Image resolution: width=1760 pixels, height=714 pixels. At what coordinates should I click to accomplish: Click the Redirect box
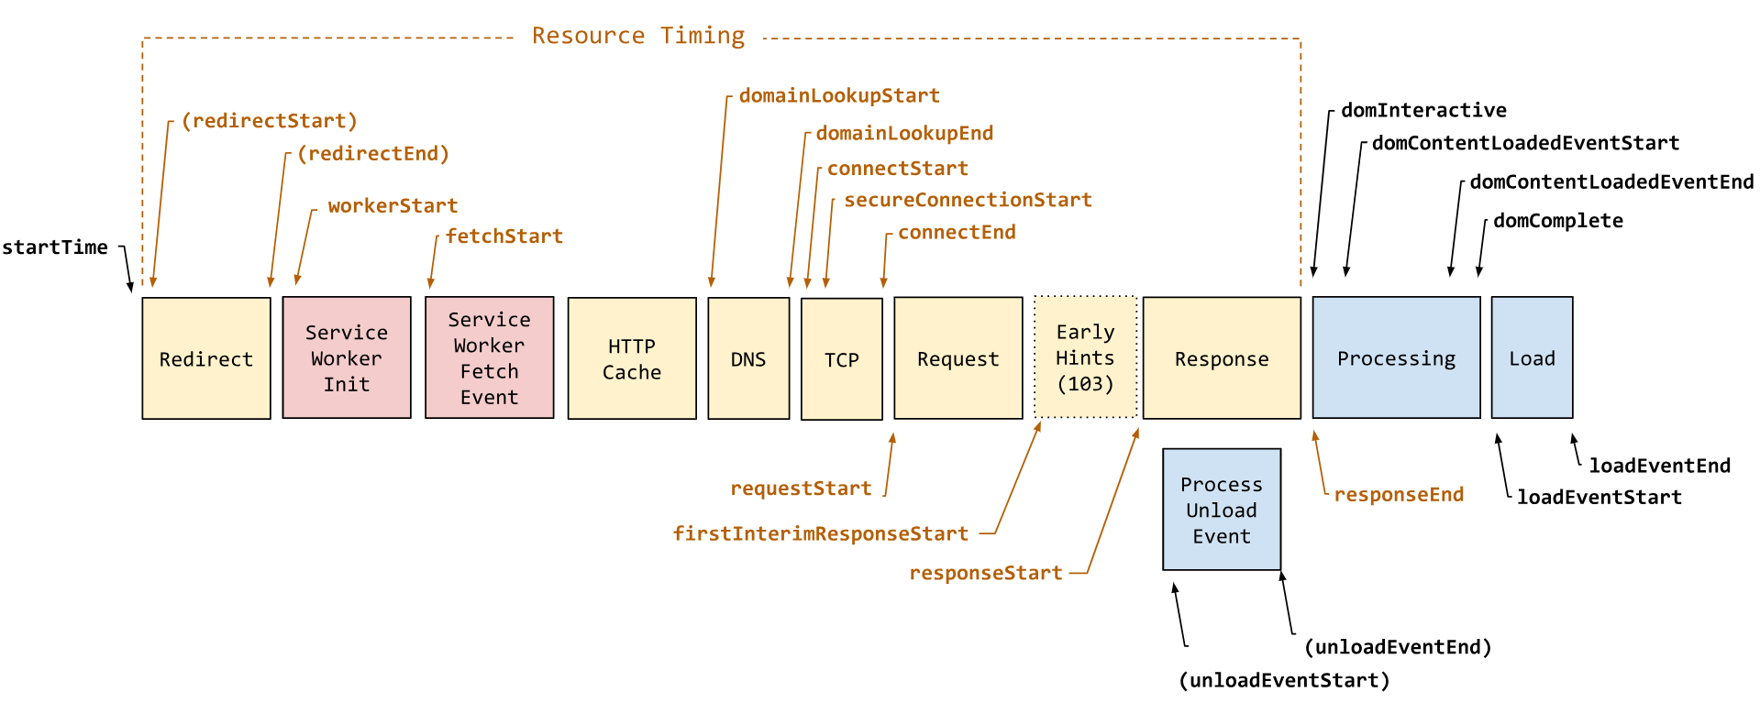coord(206,358)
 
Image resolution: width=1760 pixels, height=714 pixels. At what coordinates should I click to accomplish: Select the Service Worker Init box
coord(347,357)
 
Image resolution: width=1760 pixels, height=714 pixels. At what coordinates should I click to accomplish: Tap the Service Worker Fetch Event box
coord(489,357)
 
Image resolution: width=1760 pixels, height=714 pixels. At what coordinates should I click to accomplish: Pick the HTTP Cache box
coord(632,358)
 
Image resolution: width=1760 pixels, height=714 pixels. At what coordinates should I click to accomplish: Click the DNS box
coord(748,358)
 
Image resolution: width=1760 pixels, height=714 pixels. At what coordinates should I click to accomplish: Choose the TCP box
coord(841,359)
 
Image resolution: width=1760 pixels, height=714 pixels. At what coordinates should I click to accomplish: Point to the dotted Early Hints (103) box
coord(1085,357)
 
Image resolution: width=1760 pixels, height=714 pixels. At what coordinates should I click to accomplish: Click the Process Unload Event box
coord(1221,510)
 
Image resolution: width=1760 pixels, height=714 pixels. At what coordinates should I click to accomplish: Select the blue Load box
coord(1532,357)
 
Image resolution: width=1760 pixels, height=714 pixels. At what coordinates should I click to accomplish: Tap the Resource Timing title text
coord(638,36)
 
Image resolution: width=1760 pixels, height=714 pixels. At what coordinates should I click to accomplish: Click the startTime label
coord(55,247)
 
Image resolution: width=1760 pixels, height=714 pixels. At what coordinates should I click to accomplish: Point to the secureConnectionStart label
coord(968,200)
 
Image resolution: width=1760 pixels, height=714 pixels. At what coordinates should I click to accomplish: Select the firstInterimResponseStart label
coord(820,533)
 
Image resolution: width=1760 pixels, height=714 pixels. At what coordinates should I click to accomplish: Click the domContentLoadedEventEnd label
coord(1611,181)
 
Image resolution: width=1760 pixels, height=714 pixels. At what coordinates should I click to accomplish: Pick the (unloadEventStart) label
coord(1284,680)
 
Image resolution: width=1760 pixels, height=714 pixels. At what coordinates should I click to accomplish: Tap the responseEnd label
coord(1399,495)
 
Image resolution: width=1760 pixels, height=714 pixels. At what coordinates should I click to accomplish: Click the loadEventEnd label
coord(1659,466)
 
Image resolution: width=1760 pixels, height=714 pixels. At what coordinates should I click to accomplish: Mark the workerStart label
coord(393,206)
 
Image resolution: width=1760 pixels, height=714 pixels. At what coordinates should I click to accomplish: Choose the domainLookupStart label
coord(839,95)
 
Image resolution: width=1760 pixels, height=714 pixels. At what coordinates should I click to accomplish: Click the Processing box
coord(1396,357)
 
